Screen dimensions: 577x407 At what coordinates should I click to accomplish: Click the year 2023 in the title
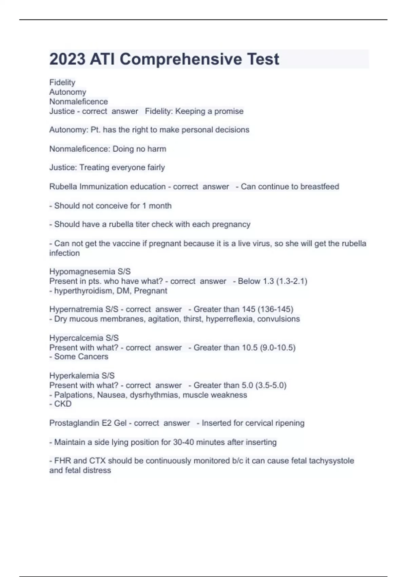coord(67,59)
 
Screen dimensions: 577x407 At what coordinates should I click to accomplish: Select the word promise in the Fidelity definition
coord(229,111)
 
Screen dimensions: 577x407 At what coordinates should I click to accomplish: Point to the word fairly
coord(156,168)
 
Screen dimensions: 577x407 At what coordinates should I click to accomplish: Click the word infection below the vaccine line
coord(64,253)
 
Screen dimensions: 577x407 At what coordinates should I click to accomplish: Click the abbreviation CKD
coord(63,404)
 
